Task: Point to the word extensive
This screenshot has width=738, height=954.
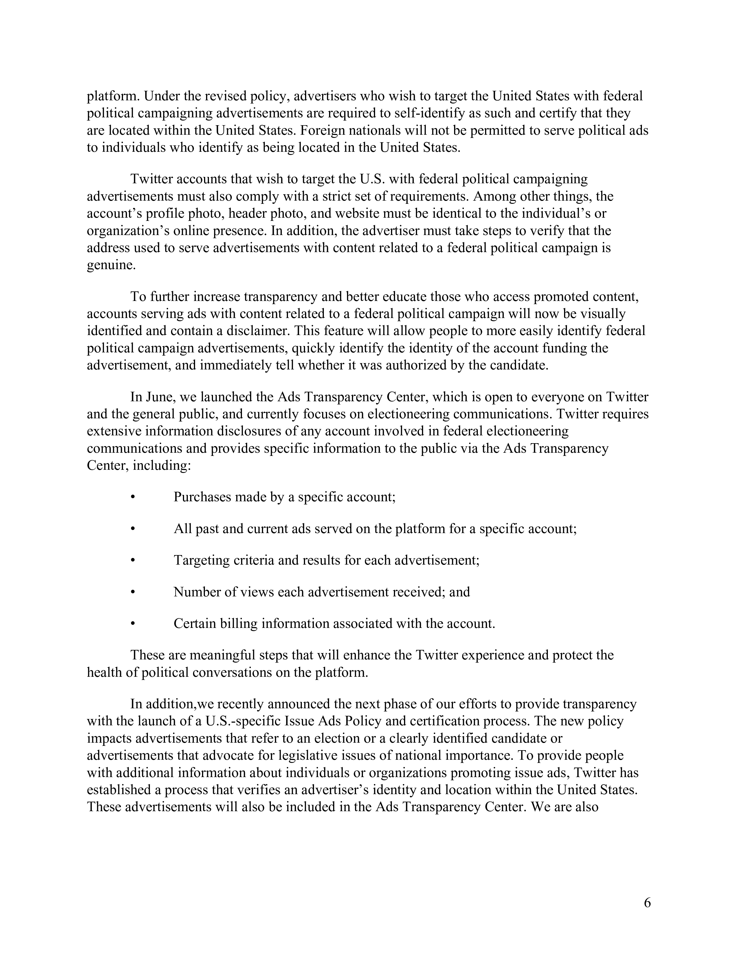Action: [114, 431]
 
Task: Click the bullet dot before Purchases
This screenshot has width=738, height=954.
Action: [133, 497]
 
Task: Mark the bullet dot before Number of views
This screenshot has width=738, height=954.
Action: [133, 592]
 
